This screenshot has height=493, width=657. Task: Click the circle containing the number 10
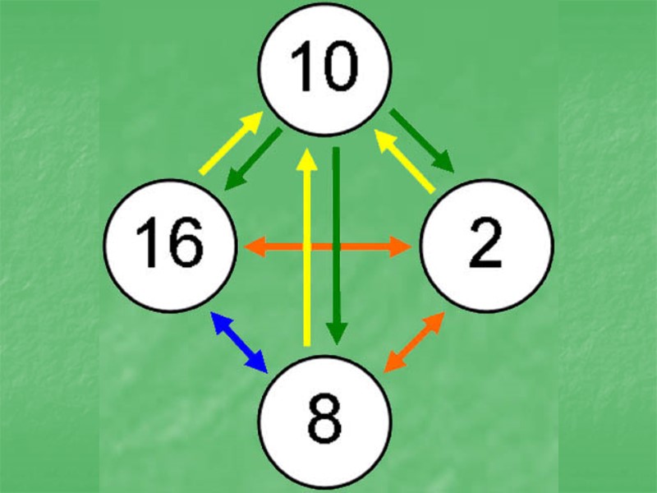click(x=325, y=69)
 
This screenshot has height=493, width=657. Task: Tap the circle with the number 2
click(x=486, y=244)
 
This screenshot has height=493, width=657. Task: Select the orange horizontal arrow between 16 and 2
click(x=328, y=245)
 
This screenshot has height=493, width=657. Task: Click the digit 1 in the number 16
click(x=149, y=244)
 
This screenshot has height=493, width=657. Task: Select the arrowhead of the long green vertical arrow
click(x=335, y=332)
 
